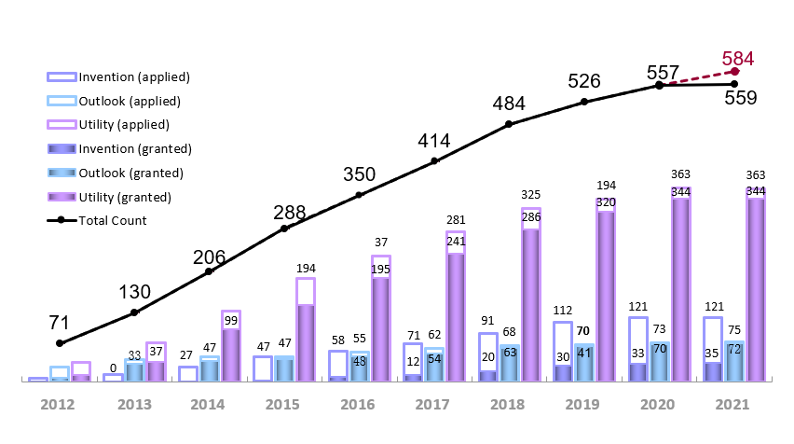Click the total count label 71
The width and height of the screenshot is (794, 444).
[x=60, y=323]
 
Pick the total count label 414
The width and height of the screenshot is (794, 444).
[x=434, y=142]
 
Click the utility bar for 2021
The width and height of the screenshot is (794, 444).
[x=756, y=284]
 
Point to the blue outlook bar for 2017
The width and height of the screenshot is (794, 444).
[x=434, y=364]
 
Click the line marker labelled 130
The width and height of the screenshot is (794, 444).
[x=134, y=312]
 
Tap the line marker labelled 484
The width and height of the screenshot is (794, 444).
[x=510, y=123]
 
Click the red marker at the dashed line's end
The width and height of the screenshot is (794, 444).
[x=735, y=71]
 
